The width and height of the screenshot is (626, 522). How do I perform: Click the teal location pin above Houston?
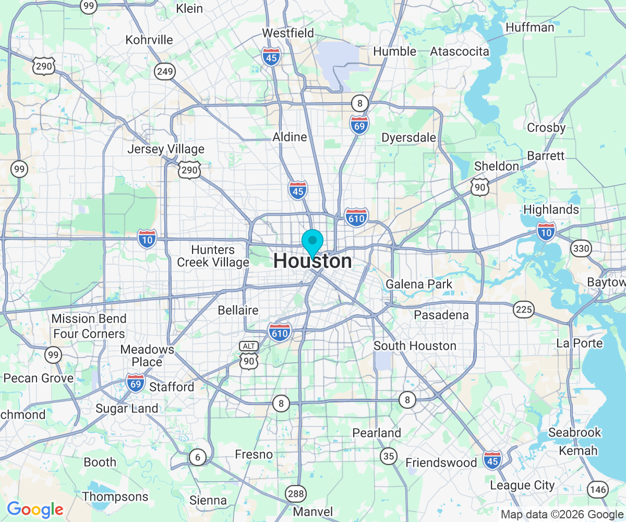pyautogui.click(x=312, y=242)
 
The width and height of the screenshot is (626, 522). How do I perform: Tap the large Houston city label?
pyautogui.click(x=312, y=261)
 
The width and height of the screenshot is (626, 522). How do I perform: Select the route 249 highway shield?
pyautogui.click(x=164, y=72)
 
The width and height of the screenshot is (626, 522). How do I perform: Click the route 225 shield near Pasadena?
pyautogui.click(x=523, y=310)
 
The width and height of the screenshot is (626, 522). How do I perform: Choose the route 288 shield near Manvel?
pyautogui.click(x=293, y=493)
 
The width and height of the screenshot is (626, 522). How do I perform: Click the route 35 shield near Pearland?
pyautogui.click(x=388, y=456)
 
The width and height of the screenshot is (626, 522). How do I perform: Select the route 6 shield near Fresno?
pyautogui.click(x=197, y=458)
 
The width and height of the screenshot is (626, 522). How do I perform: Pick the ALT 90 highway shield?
pyautogui.click(x=248, y=355)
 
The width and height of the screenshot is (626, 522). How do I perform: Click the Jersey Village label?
pyautogui.click(x=166, y=149)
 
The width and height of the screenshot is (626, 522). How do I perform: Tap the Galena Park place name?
pyautogui.click(x=419, y=284)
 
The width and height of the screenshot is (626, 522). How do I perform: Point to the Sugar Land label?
pyautogui.click(x=127, y=408)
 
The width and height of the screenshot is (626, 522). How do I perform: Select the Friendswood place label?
pyautogui.click(x=441, y=462)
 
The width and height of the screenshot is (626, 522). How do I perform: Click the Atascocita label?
pyautogui.click(x=460, y=51)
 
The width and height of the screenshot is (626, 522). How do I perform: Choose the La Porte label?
pyautogui.click(x=580, y=343)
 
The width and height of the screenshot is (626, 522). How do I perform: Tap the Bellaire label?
pyautogui.click(x=238, y=311)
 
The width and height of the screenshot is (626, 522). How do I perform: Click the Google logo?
pyautogui.click(x=35, y=509)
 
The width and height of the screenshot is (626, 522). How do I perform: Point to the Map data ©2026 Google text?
pyautogui.click(x=562, y=515)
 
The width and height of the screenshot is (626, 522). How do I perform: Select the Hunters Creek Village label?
pyautogui.click(x=213, y=256)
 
